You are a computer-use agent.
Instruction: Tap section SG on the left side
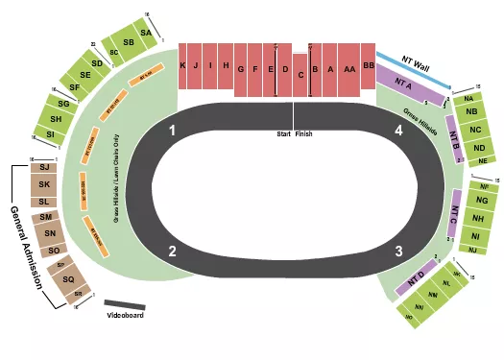[63, 104]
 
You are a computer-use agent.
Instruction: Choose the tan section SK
[44, 182]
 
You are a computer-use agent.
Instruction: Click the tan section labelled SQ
[67, 279]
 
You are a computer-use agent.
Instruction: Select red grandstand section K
[182, 66]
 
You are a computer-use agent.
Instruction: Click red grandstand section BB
[368, 66]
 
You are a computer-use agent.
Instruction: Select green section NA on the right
[468, 99]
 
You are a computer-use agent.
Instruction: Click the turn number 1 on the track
[173, 130]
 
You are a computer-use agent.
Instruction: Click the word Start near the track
[282, 133]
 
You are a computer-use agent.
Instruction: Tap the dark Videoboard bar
[125, 305]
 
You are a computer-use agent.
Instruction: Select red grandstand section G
[255, 69]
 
